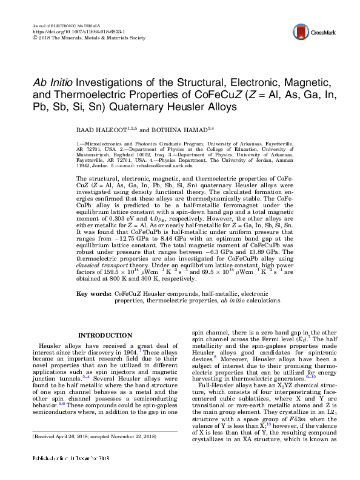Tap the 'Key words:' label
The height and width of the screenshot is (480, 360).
(x=92, y=293)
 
